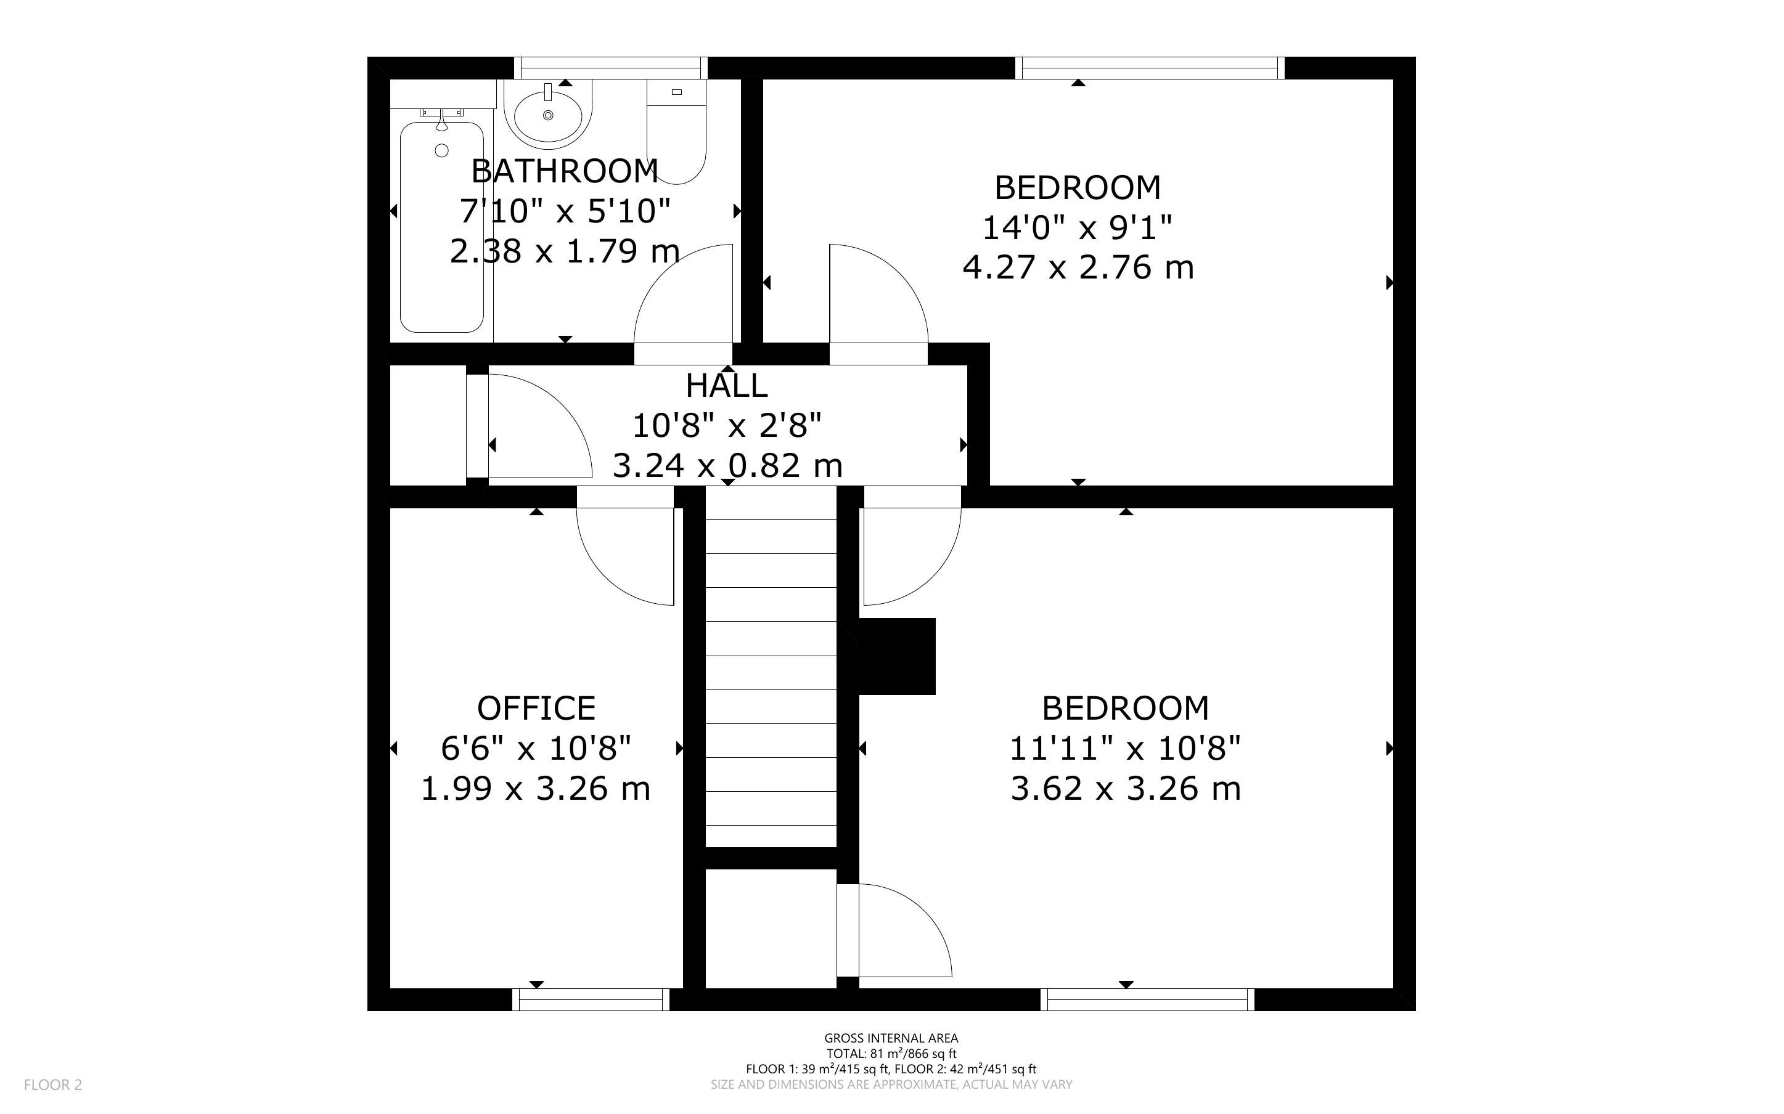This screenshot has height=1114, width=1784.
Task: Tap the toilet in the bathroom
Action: tap(676, 132)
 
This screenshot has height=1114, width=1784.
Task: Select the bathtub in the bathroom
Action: tap(442, 227)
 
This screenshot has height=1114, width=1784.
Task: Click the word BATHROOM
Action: tap(565, 172)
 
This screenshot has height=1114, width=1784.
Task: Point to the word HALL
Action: tap(727, 385)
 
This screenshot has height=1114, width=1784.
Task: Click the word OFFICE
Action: tap(536, 709)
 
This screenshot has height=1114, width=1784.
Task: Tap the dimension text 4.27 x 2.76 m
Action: tap(1078, 267)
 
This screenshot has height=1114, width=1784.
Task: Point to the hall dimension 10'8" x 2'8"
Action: tap(727, 425)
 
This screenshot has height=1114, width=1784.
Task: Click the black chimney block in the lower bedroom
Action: tap(897, 656)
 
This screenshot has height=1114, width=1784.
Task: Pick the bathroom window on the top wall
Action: tap(610, 68)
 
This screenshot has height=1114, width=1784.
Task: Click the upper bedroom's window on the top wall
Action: tap(1150, 68)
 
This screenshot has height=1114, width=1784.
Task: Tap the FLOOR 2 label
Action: tap(53, 1084)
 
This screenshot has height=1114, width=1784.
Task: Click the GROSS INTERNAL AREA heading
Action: tap(891, 1039)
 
